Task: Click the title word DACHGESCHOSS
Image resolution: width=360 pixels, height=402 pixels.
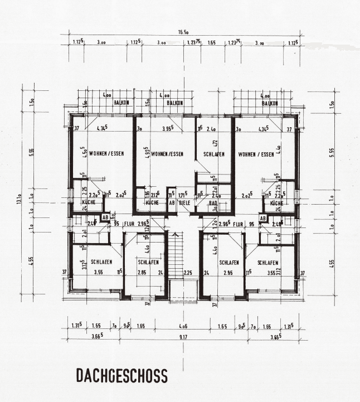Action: coord(121,376)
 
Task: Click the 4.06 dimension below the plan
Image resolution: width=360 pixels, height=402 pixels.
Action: coord(183,325)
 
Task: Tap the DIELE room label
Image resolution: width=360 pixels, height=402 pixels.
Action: coord(184,203)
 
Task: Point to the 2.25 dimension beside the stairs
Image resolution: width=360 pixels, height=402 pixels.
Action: coord(187,273)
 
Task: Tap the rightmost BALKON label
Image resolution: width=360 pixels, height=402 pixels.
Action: coord(270,103)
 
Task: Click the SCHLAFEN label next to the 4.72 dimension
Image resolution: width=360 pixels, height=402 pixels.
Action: coord(214,154)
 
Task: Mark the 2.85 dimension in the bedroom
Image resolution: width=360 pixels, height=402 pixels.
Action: coord(143,273)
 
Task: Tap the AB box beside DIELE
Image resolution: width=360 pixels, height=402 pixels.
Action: coord(172,203)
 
